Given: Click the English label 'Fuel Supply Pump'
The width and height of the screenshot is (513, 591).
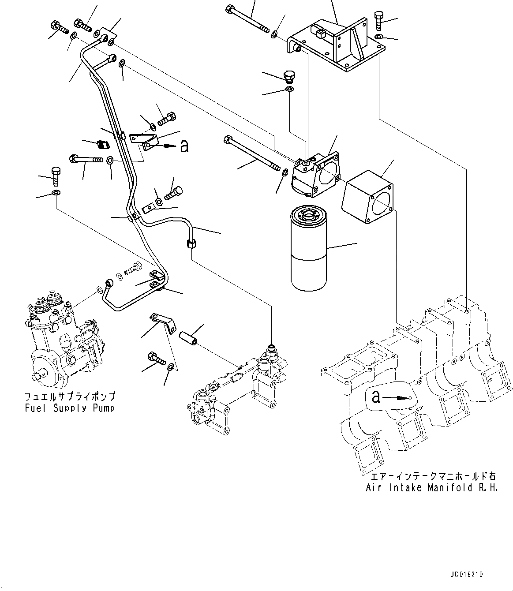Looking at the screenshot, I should click(70, 408).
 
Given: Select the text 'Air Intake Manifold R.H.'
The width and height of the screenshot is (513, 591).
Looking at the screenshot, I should click(431, 488).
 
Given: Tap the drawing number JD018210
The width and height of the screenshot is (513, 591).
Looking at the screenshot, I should click(467, 574).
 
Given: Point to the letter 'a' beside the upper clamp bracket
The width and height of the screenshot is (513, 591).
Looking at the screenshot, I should click(184, 146).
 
